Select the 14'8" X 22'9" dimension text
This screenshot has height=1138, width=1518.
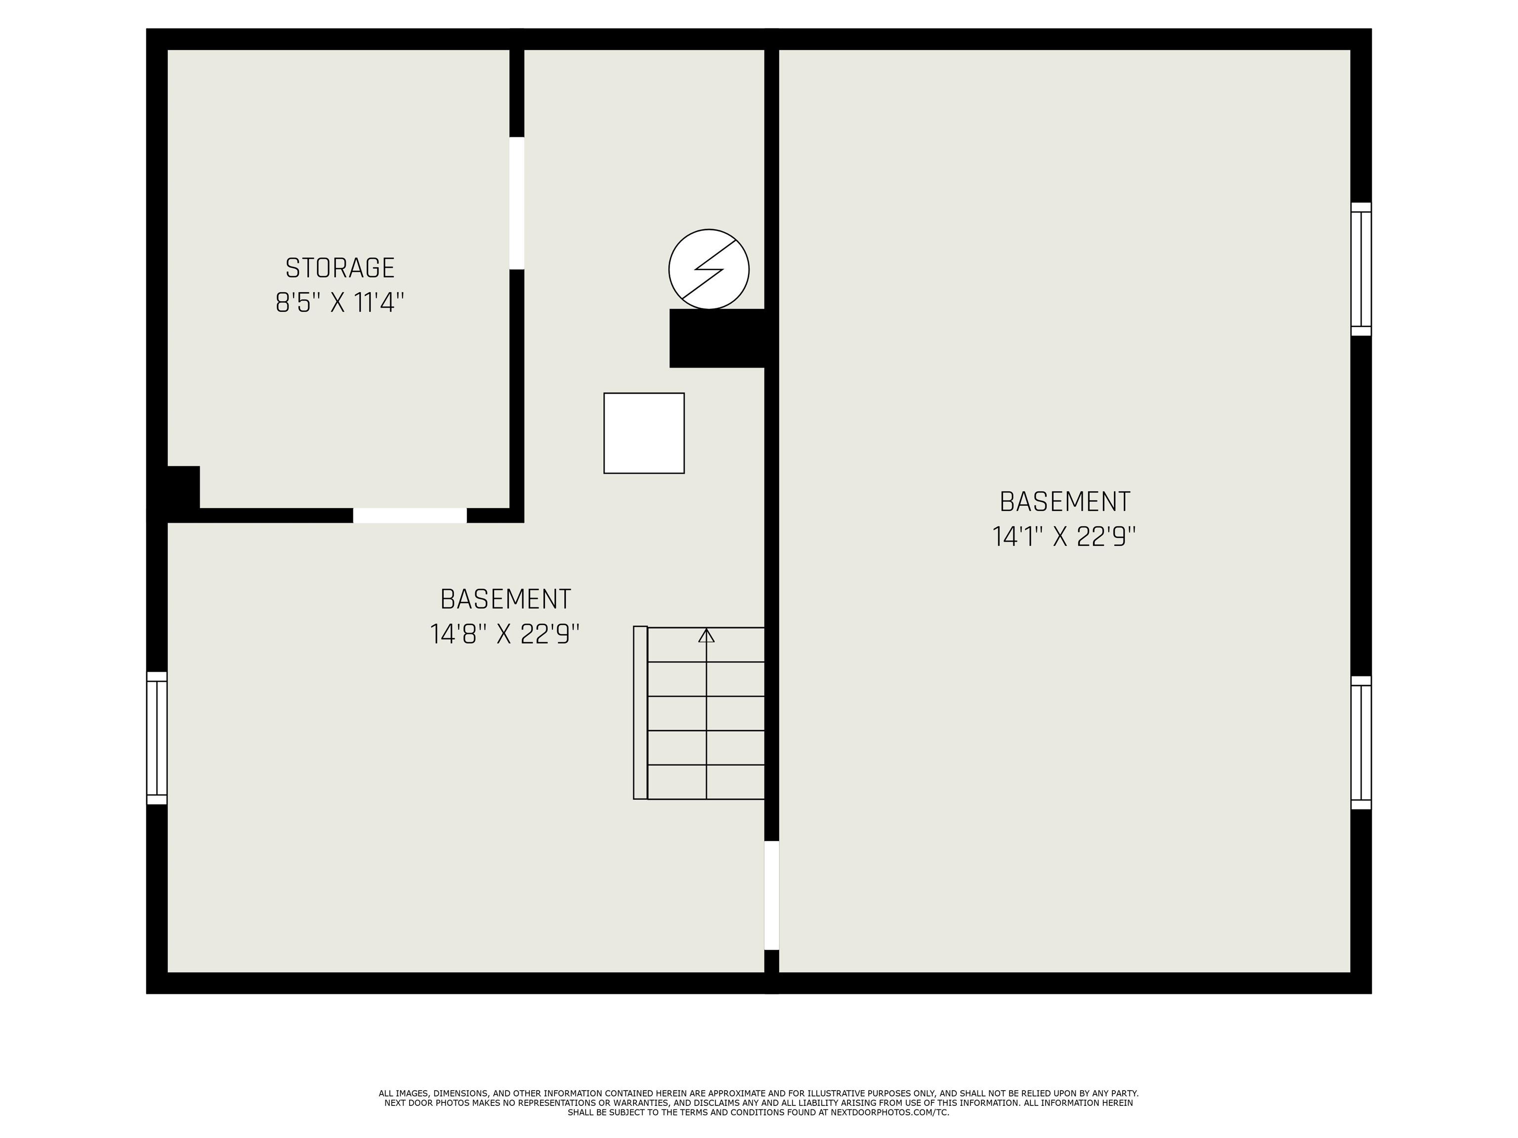(x=505, y=634)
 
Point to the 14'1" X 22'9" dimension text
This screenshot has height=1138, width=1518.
(x=1064, y=536)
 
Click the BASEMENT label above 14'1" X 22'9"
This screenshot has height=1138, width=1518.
(x=1064, y=502)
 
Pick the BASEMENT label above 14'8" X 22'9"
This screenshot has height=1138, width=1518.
(x=505, y=600)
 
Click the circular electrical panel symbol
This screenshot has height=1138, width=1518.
(x=709, y=269)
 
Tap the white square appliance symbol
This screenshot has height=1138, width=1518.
(x=644, y=433)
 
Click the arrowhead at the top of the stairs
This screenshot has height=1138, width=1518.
(x=706, y=636)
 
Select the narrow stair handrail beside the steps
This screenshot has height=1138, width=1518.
(x=640, y=712)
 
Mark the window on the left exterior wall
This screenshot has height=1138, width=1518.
(x=157, y=737)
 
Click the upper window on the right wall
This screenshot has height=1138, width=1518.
(x=1361, y=269)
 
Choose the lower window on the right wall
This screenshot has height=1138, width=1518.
(x=1361, y=743)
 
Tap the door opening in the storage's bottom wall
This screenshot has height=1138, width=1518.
(x=410, y=515)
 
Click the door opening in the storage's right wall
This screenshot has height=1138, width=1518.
(x=517, y=203)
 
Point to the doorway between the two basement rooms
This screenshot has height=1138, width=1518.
(x=771, y=895)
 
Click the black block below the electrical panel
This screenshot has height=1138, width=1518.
(x=717, y=338)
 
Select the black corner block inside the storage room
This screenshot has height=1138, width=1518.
(x=183, y=487)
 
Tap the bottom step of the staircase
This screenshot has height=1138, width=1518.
(x=706, y=782)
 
